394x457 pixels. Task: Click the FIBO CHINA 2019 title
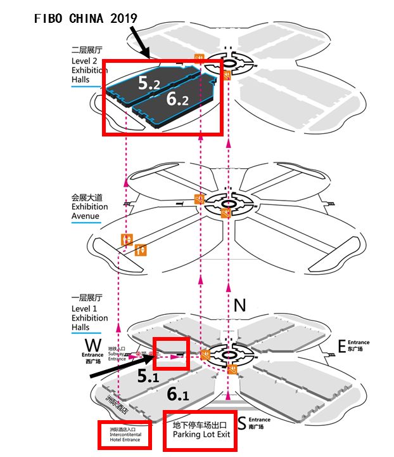click(85, 18)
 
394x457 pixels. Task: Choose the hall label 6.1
click(178, 394)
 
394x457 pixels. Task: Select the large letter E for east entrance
click(341, 346)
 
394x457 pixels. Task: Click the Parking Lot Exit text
click(200, 435)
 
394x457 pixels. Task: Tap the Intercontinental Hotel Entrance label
click(124, 437)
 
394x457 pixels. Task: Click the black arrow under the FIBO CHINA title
click(139, 42)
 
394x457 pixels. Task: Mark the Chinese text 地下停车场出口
click(200, 422)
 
